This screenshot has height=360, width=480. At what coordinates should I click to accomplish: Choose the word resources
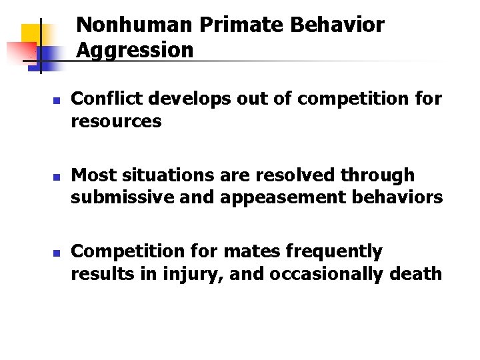pos(116,122)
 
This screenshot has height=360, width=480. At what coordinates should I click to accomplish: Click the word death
pos(419,273)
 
